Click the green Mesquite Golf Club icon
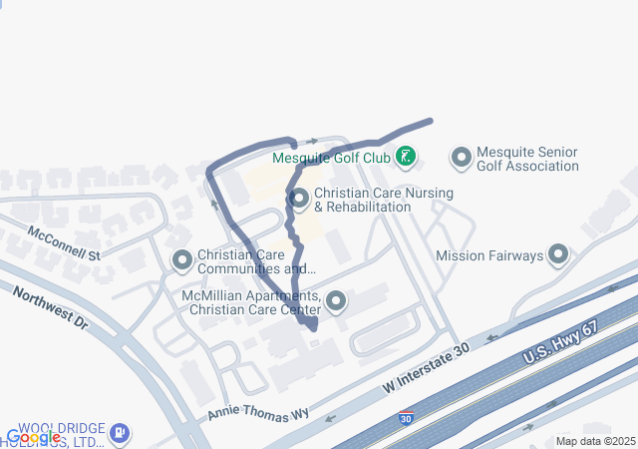tap(406, 156)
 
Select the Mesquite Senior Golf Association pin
tap(461, 158)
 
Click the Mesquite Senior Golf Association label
tap(527, 159)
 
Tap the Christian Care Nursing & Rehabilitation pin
tap(299, 199)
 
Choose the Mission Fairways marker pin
tap(558, 255)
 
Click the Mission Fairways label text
tap(489, 255)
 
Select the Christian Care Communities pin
tap(182, 261)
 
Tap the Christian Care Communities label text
tap(257, 261)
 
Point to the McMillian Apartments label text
tap(253, 302)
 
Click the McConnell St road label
tap(65, 242)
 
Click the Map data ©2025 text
tap(595, 441)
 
